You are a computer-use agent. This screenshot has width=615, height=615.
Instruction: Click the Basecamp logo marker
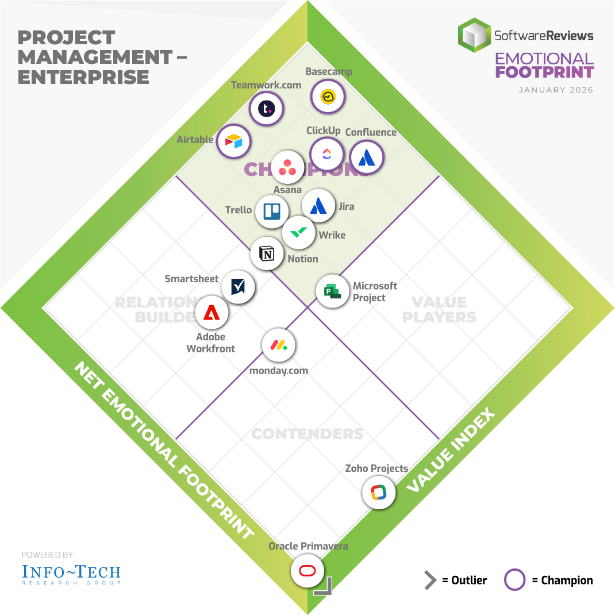coord(328,97)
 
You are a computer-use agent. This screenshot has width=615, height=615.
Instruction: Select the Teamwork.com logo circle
coord(267,109)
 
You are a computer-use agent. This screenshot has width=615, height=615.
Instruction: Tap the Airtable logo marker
coord(233,141)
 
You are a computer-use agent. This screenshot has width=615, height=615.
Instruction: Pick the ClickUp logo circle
coord(326,153)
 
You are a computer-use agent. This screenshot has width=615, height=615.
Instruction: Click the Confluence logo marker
coord(367,157)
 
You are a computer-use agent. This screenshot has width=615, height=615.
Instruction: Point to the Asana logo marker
coord(287,167)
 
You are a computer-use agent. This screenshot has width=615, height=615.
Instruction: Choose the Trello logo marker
coord(271,211)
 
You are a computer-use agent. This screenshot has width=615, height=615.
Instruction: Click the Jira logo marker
coord(318,206)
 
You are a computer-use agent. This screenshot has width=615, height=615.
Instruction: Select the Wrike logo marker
coord(299,233)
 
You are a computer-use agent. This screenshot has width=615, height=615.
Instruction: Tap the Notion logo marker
coord(267,253)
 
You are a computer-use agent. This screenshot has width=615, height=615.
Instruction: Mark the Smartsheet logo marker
coord(239,286)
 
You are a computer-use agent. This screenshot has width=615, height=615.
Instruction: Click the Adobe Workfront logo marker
coord(212,313)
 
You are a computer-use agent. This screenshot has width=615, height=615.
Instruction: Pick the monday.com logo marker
coord(279,345)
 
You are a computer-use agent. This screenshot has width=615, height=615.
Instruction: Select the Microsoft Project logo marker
coord(333,291)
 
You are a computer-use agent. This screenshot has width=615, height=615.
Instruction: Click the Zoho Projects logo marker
coord(379,493)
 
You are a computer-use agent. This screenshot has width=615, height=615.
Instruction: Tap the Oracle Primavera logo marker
coord(307,571)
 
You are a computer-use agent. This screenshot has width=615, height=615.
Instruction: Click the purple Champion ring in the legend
coord(514,580)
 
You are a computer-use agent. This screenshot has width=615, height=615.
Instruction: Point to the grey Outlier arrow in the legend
coord(429,580)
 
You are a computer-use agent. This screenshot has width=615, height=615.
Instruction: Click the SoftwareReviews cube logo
coord(474,36)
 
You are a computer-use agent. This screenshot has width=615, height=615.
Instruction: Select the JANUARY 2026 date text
coord(556,90)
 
